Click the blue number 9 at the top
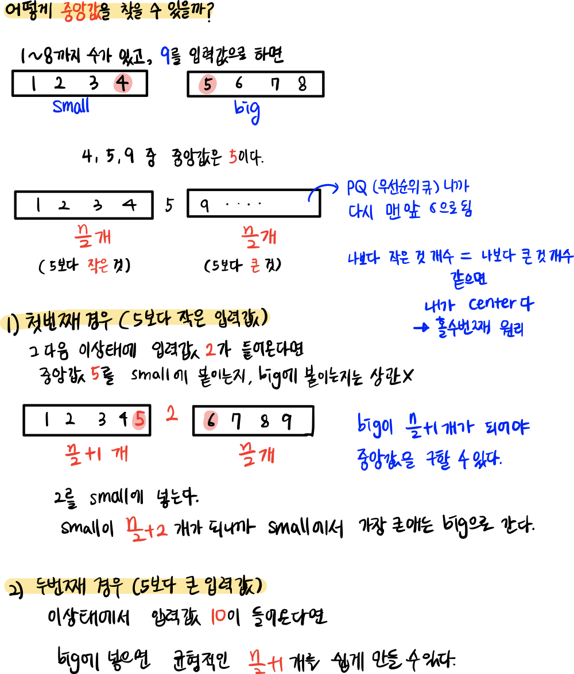coord(165,56)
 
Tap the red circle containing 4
coord(123,84)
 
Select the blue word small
coord(71,106)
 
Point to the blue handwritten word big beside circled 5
coord(247,110)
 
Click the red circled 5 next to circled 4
coord(207,85)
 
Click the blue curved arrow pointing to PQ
coord(322,192)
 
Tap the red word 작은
coord(98,266)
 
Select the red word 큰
coord(255,267)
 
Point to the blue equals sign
coord(466,258)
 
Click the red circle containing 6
coord(211,421)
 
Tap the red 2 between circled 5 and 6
coord(172,414)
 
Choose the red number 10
coord(218,617)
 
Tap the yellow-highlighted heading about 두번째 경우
coord(136,586)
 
